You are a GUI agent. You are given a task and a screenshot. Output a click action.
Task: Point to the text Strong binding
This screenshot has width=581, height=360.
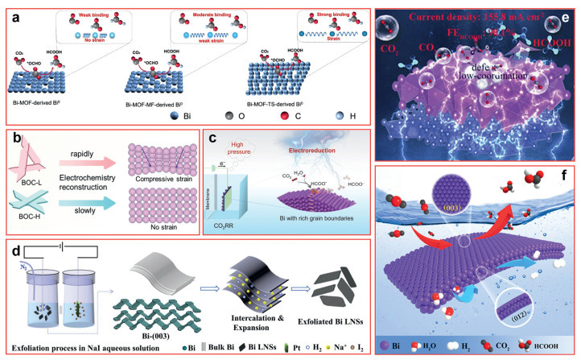(316, 12)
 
